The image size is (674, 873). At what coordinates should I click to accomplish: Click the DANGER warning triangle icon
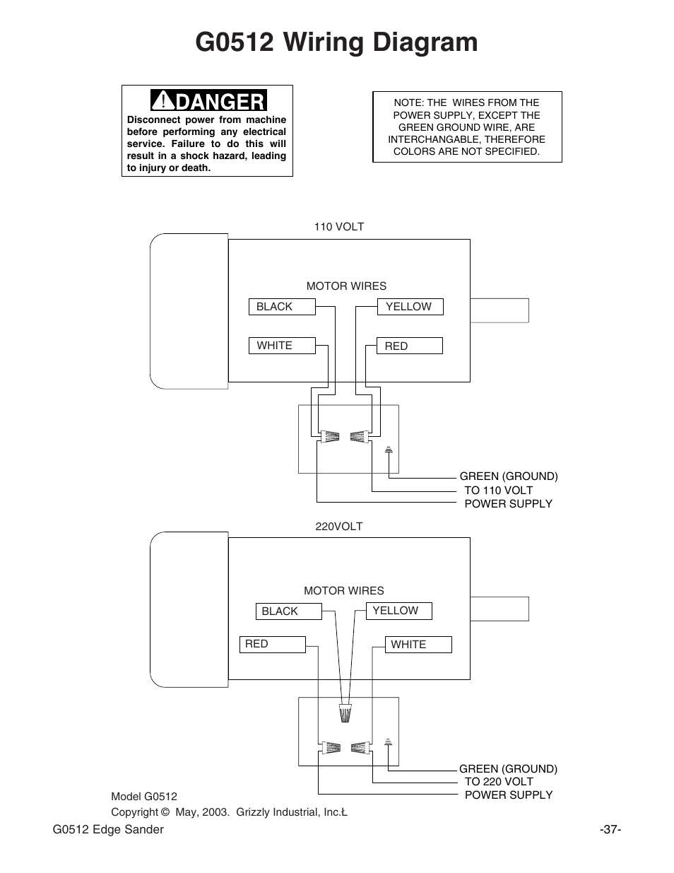[x=163, y=100]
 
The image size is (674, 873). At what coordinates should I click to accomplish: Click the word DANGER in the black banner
[x=220, y=101]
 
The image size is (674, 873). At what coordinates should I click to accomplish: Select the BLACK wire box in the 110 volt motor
[x=282, y=307]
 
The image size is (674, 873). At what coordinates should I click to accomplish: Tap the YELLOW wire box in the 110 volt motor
[x=410, y=307]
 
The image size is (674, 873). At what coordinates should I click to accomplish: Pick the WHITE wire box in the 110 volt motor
[x=282, y=346]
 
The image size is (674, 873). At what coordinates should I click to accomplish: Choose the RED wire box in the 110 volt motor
[x=410, y=346]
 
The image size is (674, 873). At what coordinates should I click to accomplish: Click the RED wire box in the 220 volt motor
[x=273, y=645]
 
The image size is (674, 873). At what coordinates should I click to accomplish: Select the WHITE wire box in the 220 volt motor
[x=418, y=645]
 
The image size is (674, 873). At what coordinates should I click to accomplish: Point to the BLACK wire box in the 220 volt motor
[x=289, y=611]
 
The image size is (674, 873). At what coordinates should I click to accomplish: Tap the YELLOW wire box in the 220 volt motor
[x=399, y=611]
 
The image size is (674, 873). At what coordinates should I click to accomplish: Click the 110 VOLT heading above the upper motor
[x=339, y=227]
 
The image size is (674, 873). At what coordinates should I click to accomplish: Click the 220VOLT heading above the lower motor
[x=339, y=527]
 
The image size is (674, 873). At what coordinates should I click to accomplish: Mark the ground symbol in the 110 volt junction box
[x=389, y=450]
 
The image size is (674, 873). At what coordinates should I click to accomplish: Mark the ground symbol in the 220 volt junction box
[x=388, y=742]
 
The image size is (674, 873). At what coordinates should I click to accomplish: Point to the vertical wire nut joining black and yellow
[x=345, y=713]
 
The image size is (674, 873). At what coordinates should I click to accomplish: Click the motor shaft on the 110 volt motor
[x=499, y=310]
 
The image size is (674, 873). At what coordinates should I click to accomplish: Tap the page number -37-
[x=610, y=829]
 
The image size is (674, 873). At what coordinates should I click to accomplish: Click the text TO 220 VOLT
[x=499, y=781]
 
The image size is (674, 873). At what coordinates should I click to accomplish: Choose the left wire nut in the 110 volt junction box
[x=330, y=437]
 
